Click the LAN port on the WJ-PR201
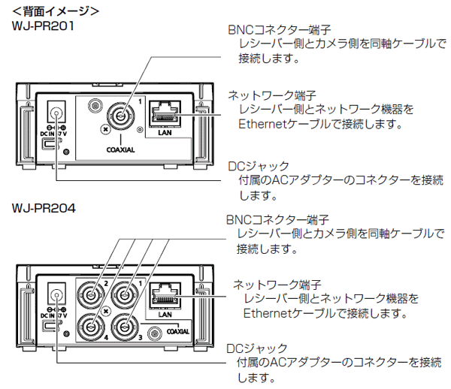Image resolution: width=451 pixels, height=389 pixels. tap(165, 115)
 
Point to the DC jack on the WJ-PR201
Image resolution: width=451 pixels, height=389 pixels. tap(56, 114)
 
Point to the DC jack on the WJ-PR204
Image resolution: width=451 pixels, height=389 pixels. tap(56, 295)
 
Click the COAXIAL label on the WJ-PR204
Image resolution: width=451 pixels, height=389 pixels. tap(178, 330)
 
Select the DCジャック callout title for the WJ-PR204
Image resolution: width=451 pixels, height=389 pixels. tap(258, 348)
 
